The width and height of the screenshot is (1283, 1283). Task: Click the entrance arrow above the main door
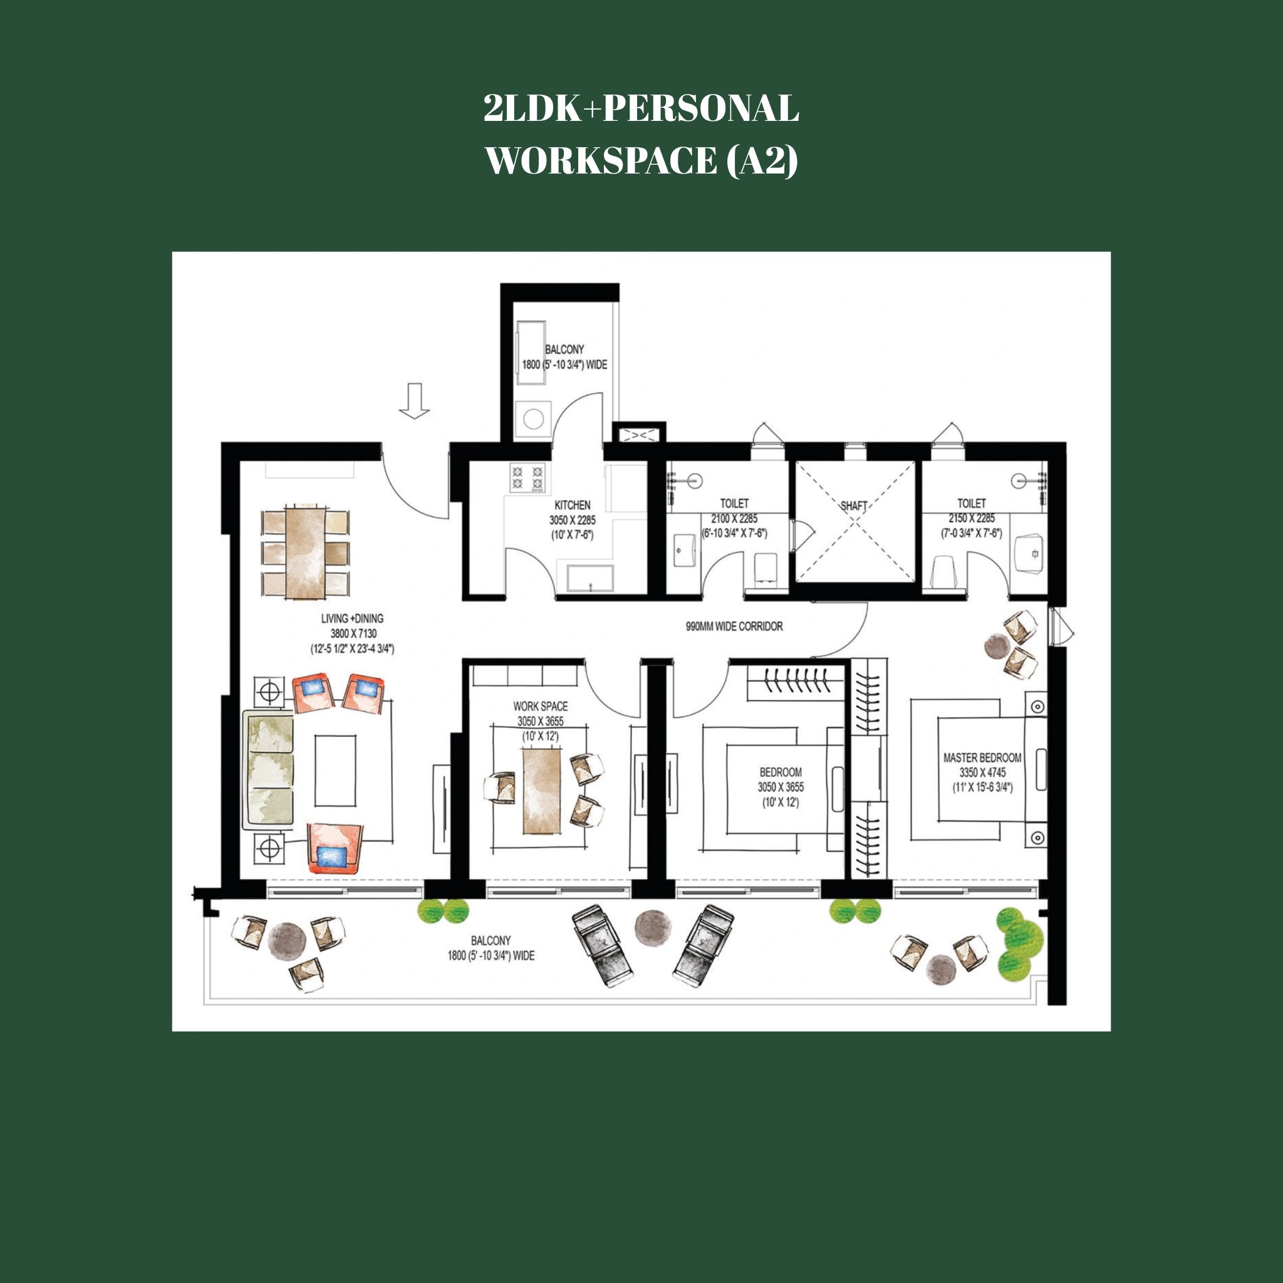[x=413, y=400]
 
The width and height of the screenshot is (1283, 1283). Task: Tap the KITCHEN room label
[x=572, y=505]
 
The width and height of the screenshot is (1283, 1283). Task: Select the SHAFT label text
[x=853, y=506]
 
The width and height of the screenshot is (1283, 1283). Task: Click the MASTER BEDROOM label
[x=982, y=758]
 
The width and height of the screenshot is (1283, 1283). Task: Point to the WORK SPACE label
[x=540, y=706]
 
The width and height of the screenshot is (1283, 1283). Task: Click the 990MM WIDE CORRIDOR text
[x=734, y=626]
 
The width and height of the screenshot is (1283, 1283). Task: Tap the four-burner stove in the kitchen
[x=527, y=478]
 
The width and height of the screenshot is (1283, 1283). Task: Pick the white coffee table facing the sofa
[x=335, y=770]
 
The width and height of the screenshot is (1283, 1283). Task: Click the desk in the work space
[x=541, y=790]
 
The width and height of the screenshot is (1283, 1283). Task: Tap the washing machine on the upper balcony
[x=533, y=419]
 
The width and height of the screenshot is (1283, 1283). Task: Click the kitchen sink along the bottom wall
[x=590, y=578]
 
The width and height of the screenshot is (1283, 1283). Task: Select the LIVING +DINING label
[x=352, y=618]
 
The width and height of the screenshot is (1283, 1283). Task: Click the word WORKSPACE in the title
[x=601, y=161]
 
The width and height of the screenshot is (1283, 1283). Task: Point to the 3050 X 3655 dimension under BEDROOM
[x=781, y=787]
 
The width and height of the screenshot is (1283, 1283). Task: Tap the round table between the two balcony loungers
[x=653, y=927]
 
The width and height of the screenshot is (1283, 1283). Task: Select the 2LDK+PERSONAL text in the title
[x=641, y=108]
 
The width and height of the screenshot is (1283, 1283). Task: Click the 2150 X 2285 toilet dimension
[x=971, y=518]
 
